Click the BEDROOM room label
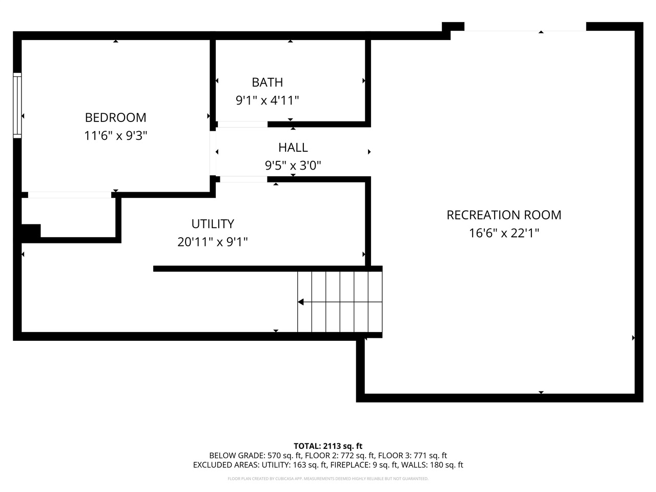coord(116,118)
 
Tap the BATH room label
coord(267,83)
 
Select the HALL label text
coord(293,148)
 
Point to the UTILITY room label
coord(213,224)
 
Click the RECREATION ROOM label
coord(504,215)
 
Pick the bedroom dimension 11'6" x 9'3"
coord(116,136)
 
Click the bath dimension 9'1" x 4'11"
coord(267,100)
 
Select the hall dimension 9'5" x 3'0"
coord(293,165)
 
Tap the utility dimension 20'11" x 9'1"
coord(213,242)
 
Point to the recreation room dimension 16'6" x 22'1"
coord(504,233)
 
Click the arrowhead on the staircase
coord(301,302)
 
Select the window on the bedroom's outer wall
coord(17,106)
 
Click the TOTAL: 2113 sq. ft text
coord(328,446)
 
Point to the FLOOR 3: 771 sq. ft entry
coord(413,456)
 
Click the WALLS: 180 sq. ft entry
coord(432,465)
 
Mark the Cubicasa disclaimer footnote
coord(328,479)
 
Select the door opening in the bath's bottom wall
coord(242,124)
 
